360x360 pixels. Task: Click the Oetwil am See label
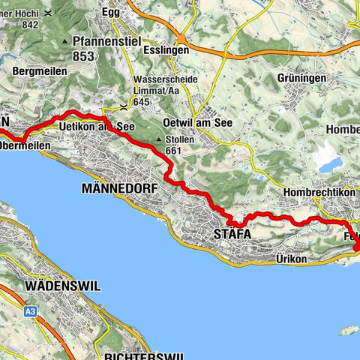tap(199, 122)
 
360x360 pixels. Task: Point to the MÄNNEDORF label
tap(121, 189)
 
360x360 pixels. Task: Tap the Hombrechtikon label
tap(320, 193)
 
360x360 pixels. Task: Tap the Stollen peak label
tap(180, 139)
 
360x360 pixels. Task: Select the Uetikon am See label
tap(100, 126)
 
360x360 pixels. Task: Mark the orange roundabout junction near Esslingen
tap(181, 41)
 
